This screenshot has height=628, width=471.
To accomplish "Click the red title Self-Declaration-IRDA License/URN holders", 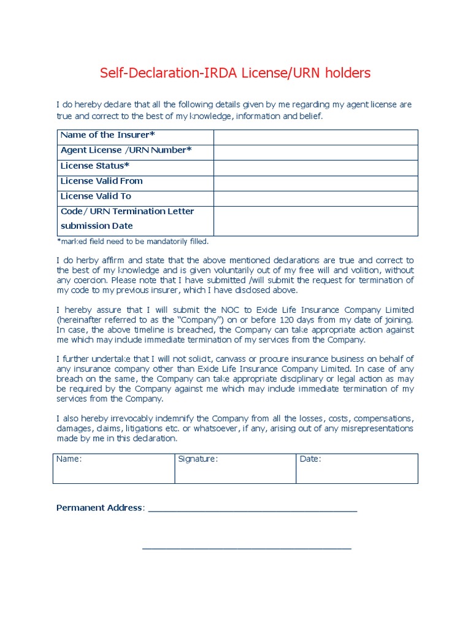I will (x=235, y=74).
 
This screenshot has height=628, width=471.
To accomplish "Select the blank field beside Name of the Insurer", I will (x=315, y=137).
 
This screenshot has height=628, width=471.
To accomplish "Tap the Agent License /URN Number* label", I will (x=126, y=150).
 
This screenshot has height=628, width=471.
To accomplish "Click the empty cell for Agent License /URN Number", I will (x=315, y=152).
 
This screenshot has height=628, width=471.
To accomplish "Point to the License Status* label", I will (x=95, y=166).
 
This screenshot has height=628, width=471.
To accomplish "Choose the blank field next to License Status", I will (x=315, y=167).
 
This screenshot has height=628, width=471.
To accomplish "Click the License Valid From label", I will (x=101, y=181).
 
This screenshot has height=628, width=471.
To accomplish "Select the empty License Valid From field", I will (x=315, y=183).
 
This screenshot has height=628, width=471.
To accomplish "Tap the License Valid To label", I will (x=96, y=196).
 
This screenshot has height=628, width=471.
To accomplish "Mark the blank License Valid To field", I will (x=315, y=198).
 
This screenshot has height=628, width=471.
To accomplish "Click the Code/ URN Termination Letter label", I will (x=127, y=212).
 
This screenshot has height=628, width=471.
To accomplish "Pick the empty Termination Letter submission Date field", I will (x=315, y=221).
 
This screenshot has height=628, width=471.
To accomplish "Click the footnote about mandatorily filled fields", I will (x=132, y=242).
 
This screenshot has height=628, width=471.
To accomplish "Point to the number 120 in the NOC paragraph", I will (x=286, y=320).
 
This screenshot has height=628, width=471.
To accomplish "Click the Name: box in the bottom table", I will (x=113, y=469).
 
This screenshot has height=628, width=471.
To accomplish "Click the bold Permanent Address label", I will (x=100, y=508).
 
